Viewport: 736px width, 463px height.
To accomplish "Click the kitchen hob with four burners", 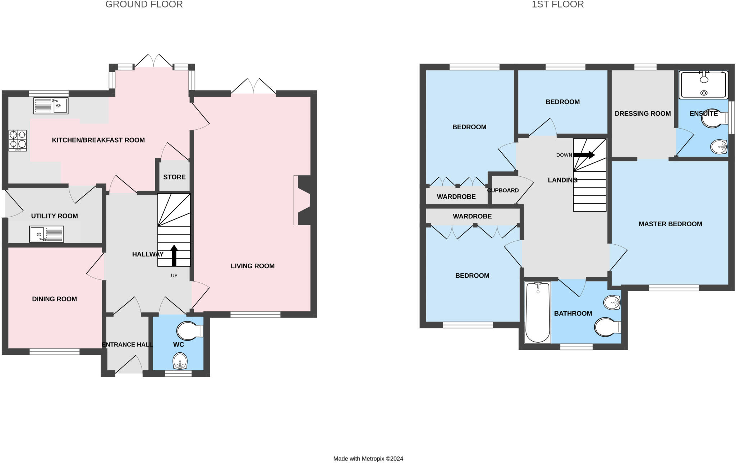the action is point(18,140).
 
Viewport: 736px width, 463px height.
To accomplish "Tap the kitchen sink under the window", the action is point(51,106).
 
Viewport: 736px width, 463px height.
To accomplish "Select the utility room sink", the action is point(47,234).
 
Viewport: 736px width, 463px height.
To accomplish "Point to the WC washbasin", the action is point(180,361).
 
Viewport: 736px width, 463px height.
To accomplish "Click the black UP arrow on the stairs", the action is point(174,255).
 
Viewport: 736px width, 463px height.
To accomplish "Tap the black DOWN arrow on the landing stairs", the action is point(584,155).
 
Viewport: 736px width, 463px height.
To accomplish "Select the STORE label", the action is point(174,177).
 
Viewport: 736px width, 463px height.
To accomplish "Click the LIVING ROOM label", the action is point(253,266).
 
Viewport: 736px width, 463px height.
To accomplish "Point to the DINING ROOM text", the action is point(55,299).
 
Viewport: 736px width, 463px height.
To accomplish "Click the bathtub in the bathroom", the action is point(538,312).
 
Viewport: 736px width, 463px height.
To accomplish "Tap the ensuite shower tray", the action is point(703,85).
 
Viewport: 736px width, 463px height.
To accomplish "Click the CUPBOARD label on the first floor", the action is point(503,190).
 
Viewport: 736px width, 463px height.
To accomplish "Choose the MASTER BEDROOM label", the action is point(670,224).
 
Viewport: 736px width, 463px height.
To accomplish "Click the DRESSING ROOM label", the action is point(643,114).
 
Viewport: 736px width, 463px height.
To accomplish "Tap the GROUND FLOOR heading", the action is point(144,4).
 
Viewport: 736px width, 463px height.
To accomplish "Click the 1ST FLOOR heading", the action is point(558,4).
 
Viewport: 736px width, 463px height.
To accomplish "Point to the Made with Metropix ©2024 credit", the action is point(368,459).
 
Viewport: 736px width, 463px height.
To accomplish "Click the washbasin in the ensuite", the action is point(719,146).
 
